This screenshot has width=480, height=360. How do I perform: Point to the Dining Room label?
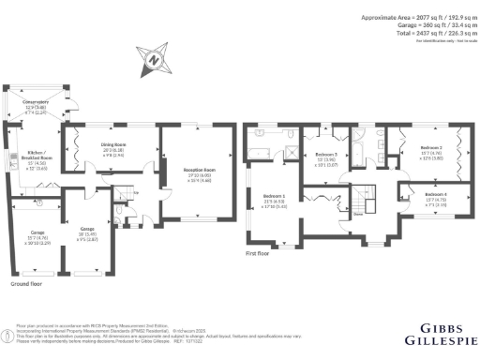coord(114,148)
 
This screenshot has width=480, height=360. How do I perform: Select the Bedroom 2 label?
coord(430,151)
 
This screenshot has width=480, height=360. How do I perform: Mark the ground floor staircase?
coord(120,195)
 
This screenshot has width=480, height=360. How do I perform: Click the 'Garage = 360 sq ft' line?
coord(419,25)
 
